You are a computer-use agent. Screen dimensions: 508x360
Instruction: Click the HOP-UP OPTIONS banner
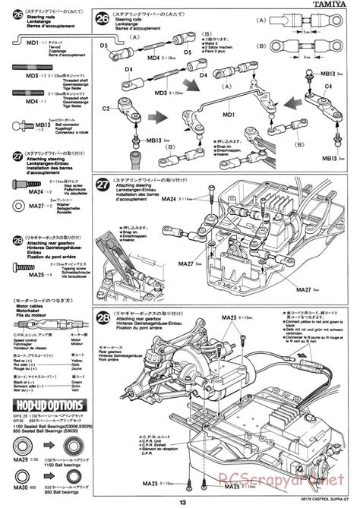click(x=44, y=404)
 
